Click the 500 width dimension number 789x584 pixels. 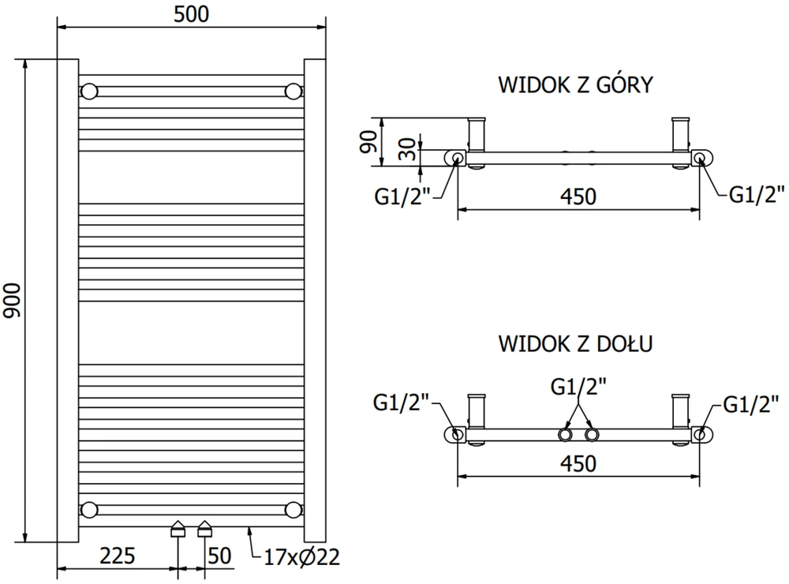(191, 14)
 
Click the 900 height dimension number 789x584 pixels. (12, 301)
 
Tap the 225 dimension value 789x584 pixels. (118, 556)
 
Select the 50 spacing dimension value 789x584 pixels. (219, 556)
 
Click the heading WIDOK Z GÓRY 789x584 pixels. (576, 84)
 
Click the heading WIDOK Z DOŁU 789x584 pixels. (576, 344)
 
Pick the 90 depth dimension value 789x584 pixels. (368, 141)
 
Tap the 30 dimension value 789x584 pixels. (408, 149)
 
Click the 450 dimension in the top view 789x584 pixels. (578, 197)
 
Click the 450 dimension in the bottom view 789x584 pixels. (578, 463)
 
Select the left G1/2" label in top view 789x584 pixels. (402, 196)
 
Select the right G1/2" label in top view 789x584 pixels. (757, 194)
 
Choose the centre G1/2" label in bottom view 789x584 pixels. (578, 387)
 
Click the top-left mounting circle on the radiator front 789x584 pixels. (89, 92)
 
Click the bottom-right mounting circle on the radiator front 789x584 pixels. (293, 510)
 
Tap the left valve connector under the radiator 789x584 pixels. (178, 529)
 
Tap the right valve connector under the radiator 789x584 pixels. (205, 529)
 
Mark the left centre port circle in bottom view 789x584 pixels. (565, 435)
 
